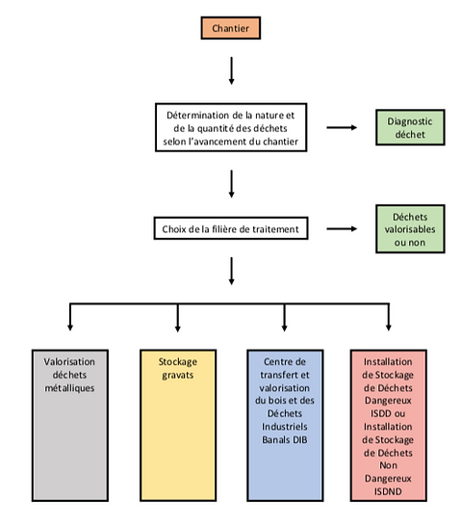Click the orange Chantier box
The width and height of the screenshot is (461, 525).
[231, 28]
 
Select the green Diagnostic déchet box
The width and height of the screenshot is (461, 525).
[410, 127]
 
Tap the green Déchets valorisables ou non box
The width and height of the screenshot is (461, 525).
[410, 229]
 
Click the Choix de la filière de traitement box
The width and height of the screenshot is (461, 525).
[231, 228]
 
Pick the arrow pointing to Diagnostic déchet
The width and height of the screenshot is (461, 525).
[342, 127]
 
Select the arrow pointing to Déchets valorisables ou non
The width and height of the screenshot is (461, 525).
[342, 229]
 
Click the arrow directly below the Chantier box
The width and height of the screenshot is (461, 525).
[231, 70]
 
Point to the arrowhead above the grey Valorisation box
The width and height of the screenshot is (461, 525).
[70, 328]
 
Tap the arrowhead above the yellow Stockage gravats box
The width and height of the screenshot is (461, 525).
[178, 328]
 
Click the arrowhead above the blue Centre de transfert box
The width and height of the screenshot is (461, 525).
[284, 328]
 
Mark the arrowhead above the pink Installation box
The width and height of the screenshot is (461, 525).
[389, 328]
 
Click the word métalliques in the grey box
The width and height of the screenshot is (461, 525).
[69, 388]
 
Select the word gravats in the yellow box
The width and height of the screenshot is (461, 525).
[178, 376]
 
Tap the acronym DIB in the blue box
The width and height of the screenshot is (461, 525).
[299, 439]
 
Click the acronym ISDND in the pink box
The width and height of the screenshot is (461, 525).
[388, 491]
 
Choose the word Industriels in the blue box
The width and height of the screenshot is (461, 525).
[285, 427]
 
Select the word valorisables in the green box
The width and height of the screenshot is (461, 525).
[410, 229]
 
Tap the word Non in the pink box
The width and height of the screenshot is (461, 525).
[388, 465]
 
